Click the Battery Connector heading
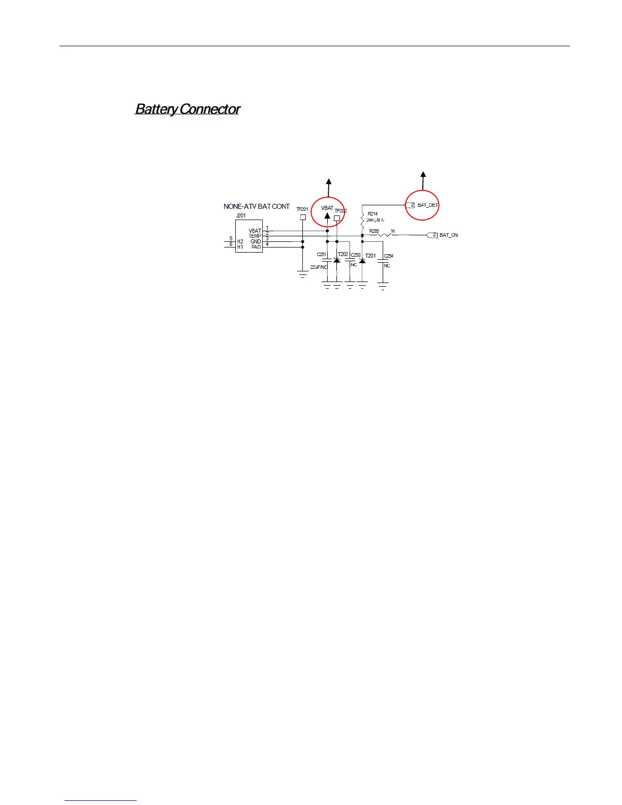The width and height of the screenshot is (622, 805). click(x=187, y=109)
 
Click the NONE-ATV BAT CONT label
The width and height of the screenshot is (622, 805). click(x=256, y=206)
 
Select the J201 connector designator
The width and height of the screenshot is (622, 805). click(x=240, y=215)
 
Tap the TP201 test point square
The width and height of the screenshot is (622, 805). click(x=303, y=217)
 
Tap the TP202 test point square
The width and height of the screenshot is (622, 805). click(x=336, y=219)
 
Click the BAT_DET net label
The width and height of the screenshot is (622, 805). click(x=427, y=205)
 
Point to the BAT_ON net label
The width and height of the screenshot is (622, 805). click(x=448, y=235)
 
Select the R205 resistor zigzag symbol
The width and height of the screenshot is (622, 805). click(x=385, y=235)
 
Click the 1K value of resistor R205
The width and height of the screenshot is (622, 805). click(x=393, y=231)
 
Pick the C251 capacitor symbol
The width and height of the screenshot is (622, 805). click(x=327, y=261)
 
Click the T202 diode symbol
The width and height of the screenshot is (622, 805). click(x=336, y=261)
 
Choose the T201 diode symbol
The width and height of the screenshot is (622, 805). click(x=362, y=261)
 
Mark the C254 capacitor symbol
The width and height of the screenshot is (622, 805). click(x=383, y=262)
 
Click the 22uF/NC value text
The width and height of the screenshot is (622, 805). click(x=319, y=267)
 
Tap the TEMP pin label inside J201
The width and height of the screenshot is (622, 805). click(x=255, y=236)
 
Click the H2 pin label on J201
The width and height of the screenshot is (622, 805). click(x=240, y=241)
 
